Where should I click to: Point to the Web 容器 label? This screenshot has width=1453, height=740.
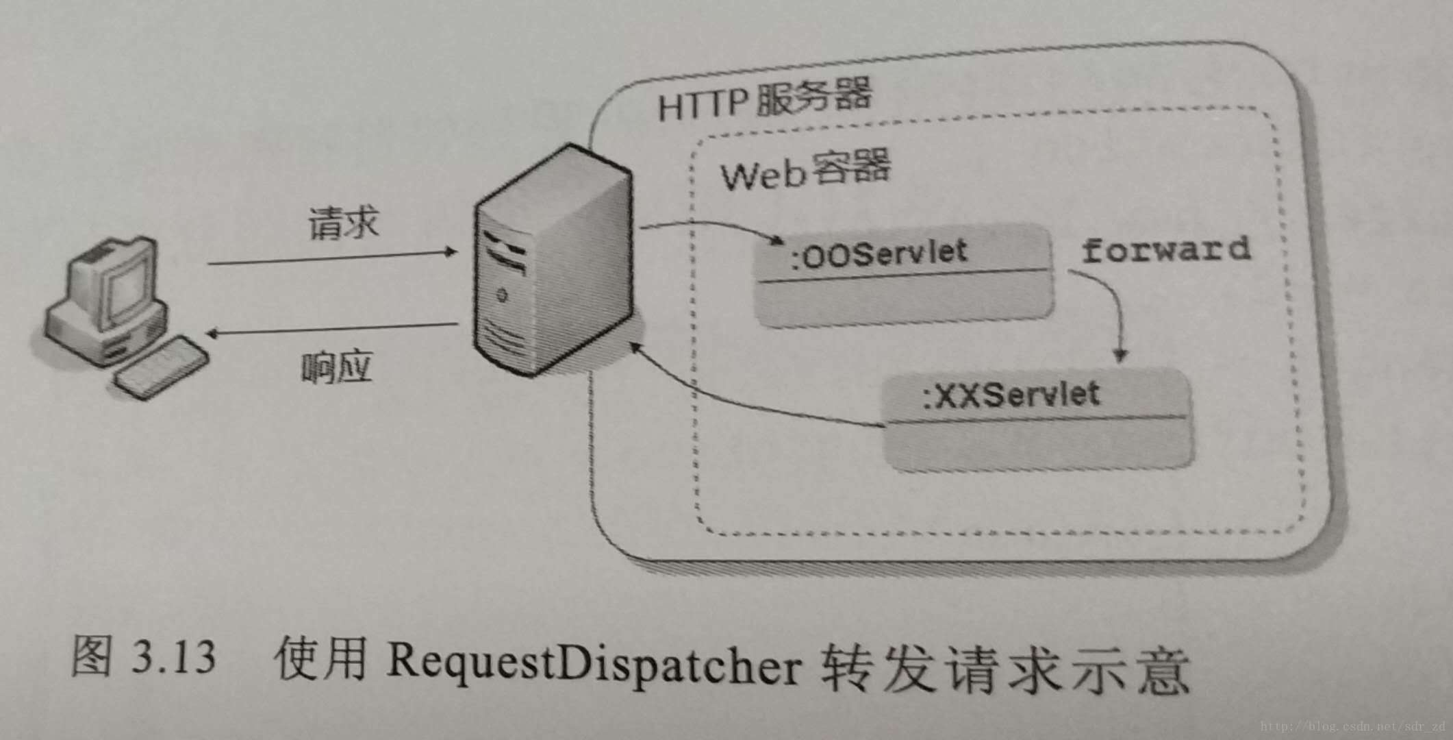(x=805, y=171)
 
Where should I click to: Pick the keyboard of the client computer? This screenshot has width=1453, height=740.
(x=162, y=366)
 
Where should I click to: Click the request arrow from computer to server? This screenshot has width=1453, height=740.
(x=332, y=258)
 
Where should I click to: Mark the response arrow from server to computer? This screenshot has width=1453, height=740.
(x=332, y=330)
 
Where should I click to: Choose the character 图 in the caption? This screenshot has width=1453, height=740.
(x=91, y=656)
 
